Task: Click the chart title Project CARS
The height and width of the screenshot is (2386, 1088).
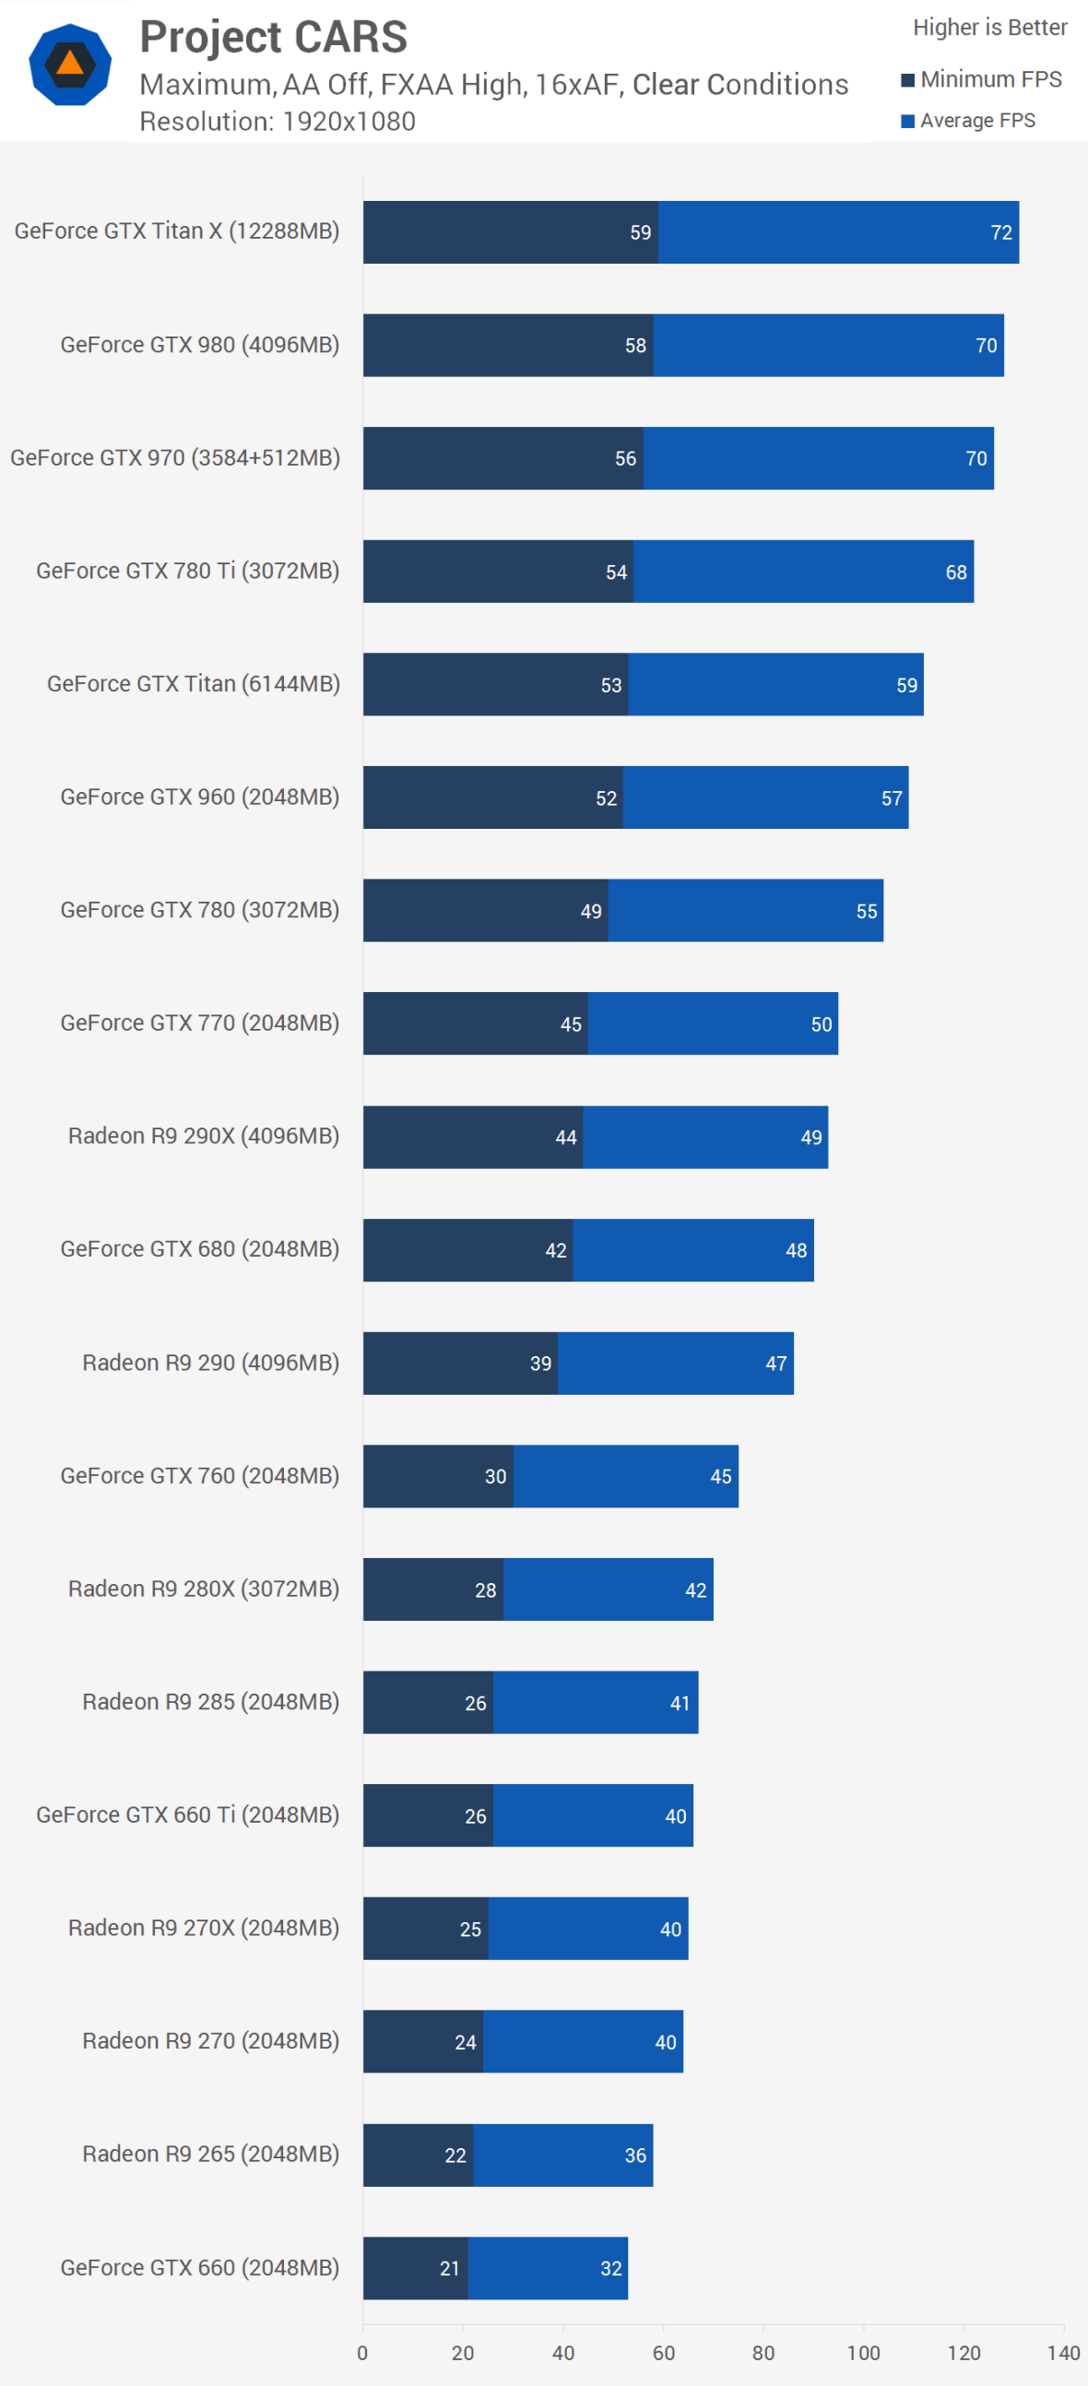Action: click(x=273, y=37)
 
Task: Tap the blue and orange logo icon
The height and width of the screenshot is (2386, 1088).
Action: click(x=70, y=64)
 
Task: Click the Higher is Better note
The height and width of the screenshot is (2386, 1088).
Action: click(x=990, y=28)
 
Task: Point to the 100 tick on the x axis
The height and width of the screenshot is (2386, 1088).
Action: click(x=863, y=2352)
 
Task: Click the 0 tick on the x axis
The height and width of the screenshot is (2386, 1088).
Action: click(x=362, y=2352)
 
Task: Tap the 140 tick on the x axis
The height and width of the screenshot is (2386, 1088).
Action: click(x=1064, y=2352)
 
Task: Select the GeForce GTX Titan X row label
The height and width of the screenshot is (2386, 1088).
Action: click(x=177, y=230)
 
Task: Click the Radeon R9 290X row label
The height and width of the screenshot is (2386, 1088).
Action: click(x=204, y=1136)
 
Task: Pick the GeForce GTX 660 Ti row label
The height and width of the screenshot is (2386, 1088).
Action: click(x=188, y=1814)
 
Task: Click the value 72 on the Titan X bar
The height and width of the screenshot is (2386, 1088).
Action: click(x=1001, y=232)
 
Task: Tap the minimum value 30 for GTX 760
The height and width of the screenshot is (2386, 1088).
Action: click(x=495, y=1476)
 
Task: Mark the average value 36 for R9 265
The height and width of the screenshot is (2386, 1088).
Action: click(x=635, y=2156)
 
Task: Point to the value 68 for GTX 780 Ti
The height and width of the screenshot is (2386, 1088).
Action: click(x=955, y=573)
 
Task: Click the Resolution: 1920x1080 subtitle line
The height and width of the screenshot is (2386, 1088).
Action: click(x=278, y=122)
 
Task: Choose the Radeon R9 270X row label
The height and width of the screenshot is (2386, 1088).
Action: click(x=204, y=1928)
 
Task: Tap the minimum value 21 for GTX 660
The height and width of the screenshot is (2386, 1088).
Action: click(x=449, y=2268)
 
